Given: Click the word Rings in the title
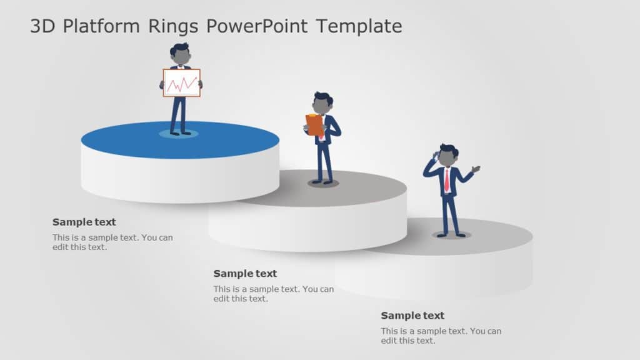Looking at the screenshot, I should tap(174, 26).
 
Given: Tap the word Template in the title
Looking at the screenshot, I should tap(359, 26).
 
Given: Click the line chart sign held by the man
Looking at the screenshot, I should tap(182, 82).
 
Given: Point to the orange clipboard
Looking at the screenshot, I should tap(314, 124).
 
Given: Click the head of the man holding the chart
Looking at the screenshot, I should tap(181, 55).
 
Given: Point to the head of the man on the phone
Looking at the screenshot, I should tap(447, 157).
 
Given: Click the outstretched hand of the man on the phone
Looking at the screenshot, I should tap(476, 168).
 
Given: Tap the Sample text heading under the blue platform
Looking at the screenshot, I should tap(84, 222).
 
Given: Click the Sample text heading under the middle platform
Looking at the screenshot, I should tap(245, 274).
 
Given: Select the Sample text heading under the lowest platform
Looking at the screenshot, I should tap(412, 316).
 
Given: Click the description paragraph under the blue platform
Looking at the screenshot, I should tap(113, 242).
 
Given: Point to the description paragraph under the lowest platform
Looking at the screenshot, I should tap(441, 336).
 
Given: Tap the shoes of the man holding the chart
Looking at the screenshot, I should tap(180, 132).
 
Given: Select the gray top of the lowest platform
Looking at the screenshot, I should tap(500, 236).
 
